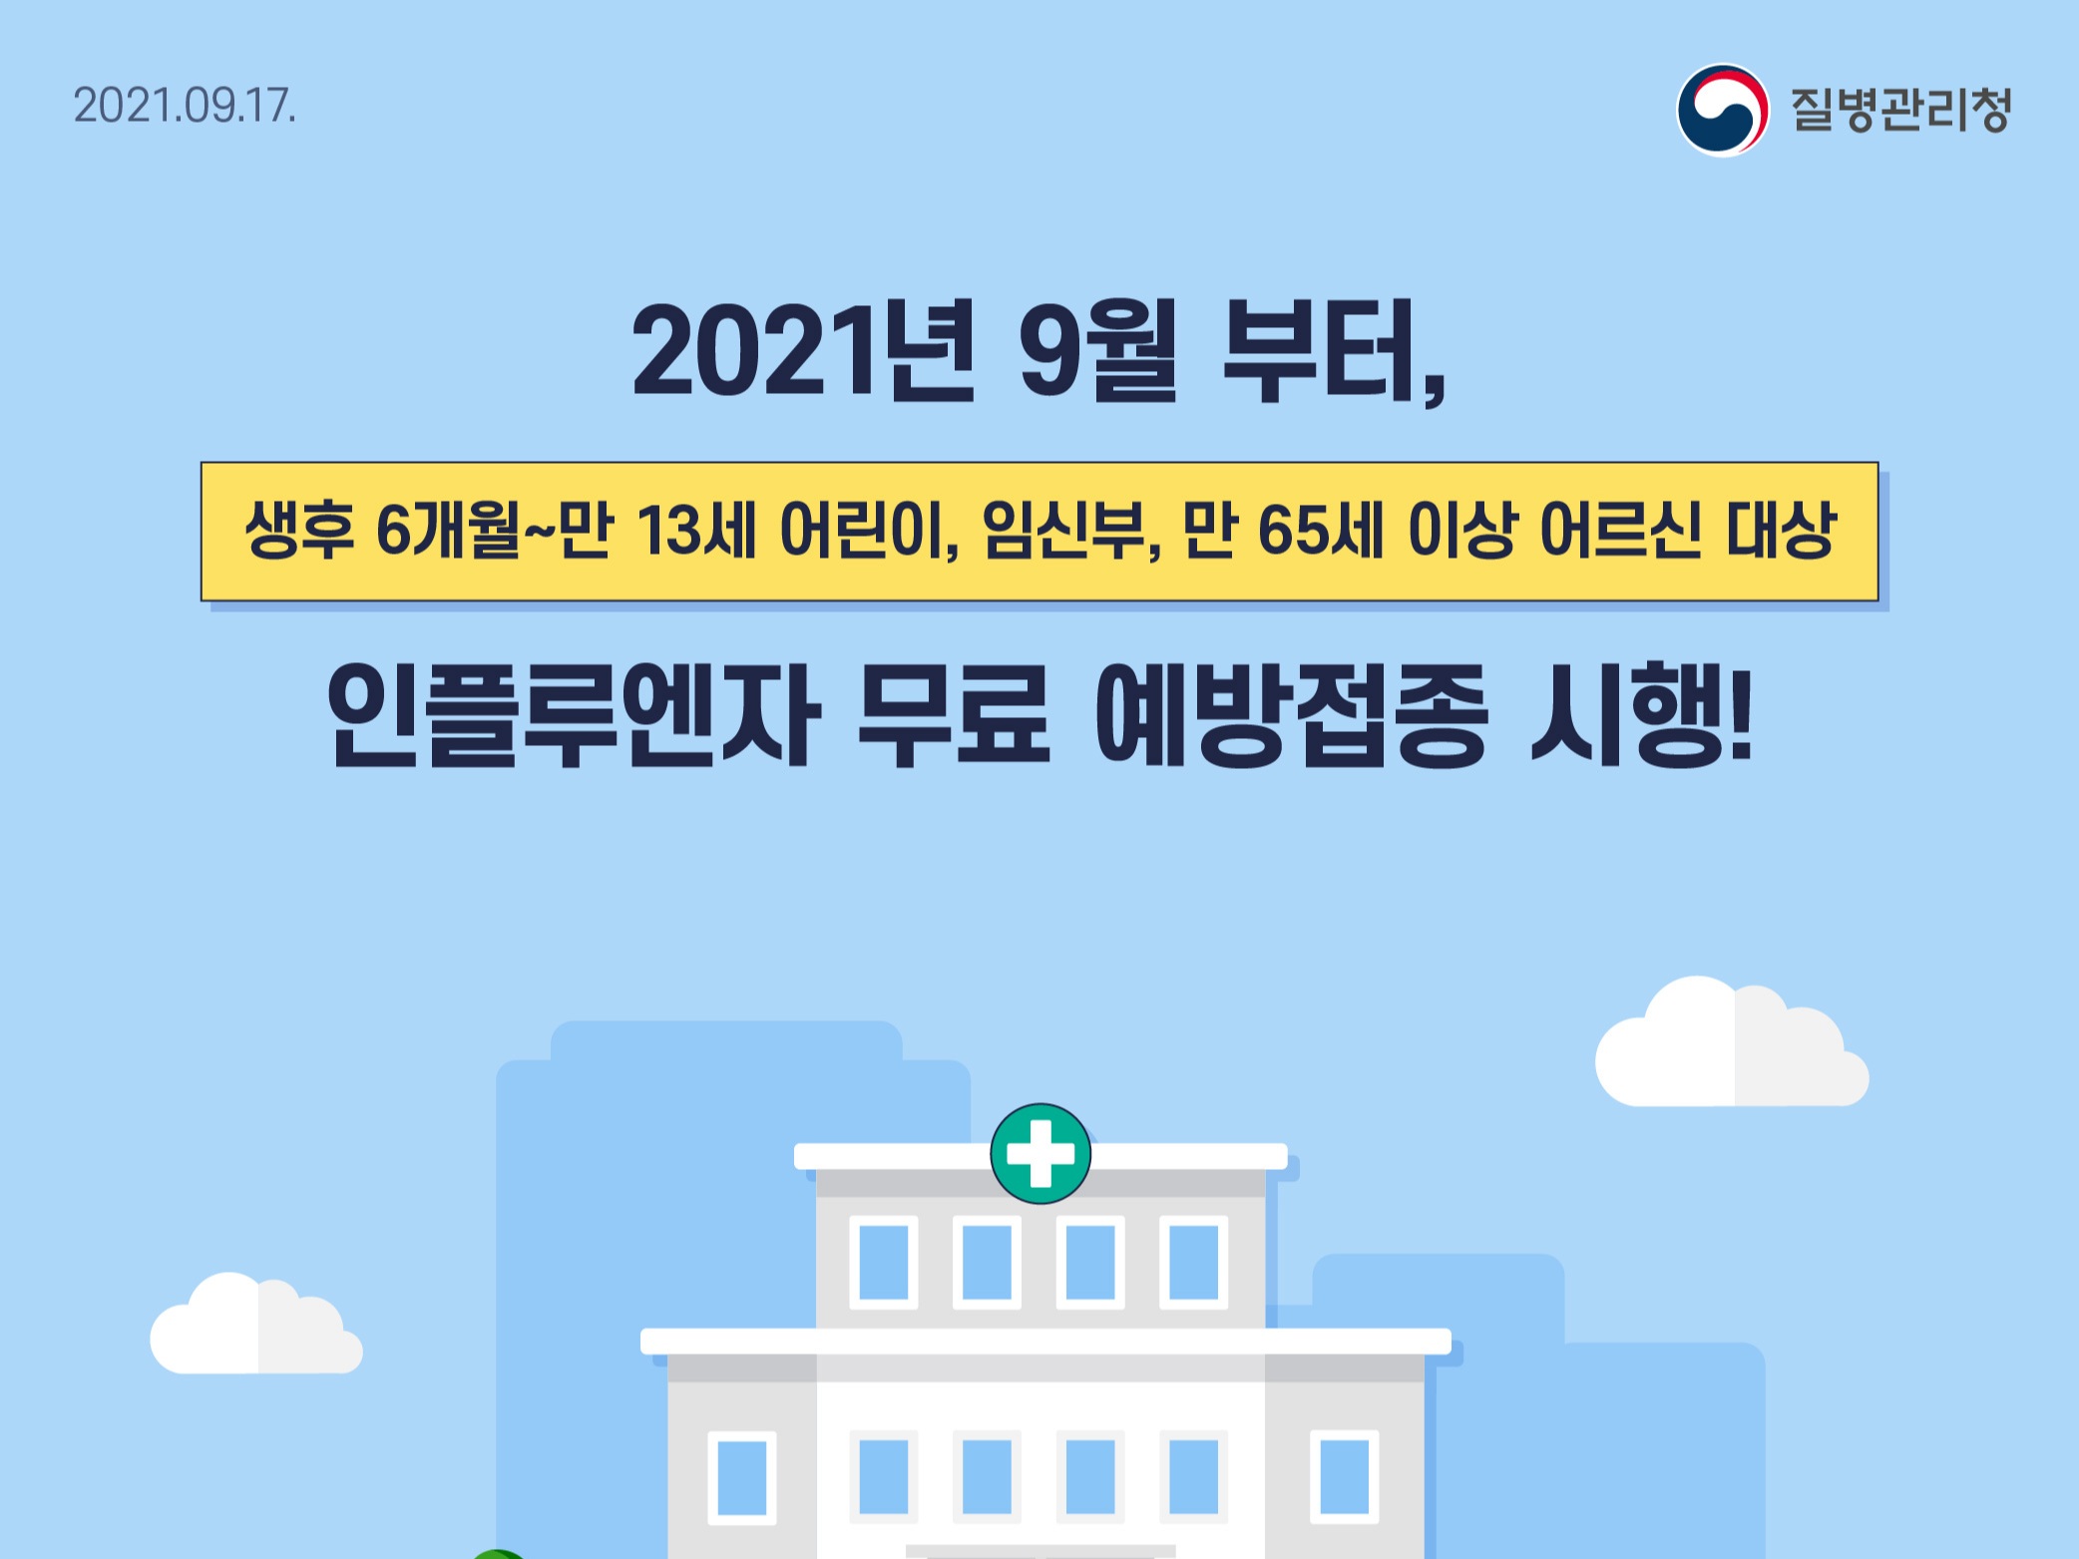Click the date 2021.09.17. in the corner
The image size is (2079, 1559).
point(185,107)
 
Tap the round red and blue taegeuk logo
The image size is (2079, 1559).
point(1723,110)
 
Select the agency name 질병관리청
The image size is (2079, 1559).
point(1900,110)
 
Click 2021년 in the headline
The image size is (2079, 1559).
point(804,350)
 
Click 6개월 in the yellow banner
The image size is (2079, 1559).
point(449,531)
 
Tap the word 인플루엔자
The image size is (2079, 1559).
point(575,715)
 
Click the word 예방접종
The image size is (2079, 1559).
point(1291,715)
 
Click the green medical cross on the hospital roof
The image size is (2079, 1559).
point(1040,1154)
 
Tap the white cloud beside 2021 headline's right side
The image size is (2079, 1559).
point(1732,1042)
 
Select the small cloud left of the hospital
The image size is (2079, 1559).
point(256,1324)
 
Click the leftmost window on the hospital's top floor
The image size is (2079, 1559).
point(883,1262)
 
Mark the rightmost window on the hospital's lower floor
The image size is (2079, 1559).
point(1345,1477)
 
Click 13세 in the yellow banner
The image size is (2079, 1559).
point(695,531)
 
